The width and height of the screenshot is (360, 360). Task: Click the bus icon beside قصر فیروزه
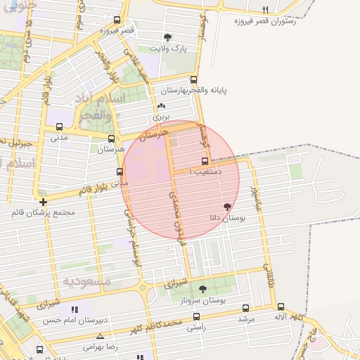117,20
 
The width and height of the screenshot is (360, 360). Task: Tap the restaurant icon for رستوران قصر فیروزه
265,10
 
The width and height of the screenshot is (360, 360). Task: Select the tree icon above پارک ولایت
167,37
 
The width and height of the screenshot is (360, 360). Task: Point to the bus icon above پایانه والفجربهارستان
194,80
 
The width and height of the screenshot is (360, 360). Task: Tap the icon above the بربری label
162,106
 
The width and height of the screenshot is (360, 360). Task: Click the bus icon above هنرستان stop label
111,139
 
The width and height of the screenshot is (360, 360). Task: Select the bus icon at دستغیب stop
205,161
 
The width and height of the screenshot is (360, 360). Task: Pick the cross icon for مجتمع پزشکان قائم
44,201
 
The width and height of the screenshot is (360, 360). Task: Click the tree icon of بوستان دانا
226,207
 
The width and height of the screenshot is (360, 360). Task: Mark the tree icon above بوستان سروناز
203,289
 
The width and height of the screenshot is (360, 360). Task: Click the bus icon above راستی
196,317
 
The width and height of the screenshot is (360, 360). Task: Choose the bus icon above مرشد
245,308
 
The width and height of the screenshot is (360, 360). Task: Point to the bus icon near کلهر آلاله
281,307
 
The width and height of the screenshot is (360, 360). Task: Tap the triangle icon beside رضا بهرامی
100,335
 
